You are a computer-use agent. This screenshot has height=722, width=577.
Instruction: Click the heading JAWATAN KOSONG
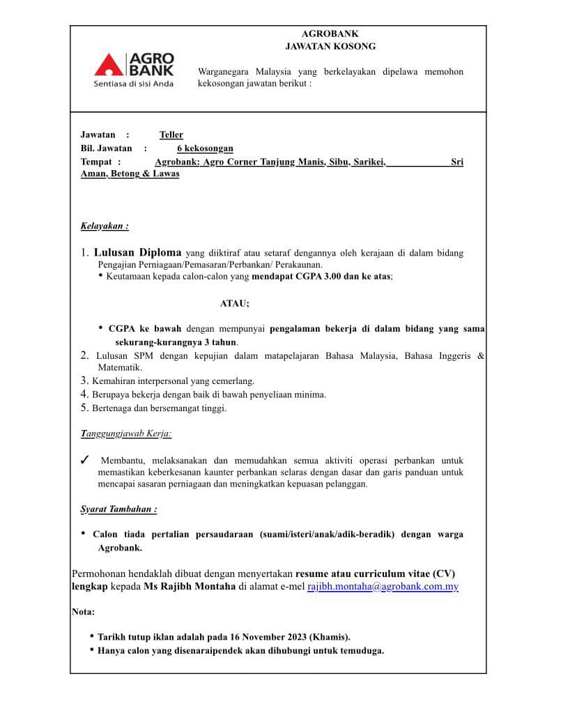[330, 46]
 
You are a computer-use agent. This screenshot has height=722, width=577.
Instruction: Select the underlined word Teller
[171, 135]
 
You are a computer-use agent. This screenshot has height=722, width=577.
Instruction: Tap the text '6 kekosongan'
[205, 148]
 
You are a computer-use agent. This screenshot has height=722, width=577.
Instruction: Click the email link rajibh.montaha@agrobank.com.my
[383, 587]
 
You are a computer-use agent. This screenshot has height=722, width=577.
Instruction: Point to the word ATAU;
[234, 303]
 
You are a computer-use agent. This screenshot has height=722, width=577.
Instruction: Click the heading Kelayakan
[105, 226]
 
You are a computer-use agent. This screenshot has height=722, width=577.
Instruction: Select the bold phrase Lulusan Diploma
[138, 252]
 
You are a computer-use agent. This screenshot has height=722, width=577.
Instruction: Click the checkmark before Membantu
[84, 460]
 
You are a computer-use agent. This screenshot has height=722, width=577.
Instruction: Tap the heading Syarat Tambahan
[118, 509]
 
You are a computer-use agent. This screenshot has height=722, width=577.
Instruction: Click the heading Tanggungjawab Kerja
[126, 433]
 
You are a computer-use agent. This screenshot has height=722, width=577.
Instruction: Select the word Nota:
[83, 612]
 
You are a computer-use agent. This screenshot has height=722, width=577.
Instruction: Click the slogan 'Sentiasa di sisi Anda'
[134, 84]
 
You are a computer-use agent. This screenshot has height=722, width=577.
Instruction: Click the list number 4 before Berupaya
[84, 394]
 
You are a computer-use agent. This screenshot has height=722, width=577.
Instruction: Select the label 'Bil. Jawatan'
[106, 148]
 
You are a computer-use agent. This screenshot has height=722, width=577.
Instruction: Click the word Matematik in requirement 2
[119, 367]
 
